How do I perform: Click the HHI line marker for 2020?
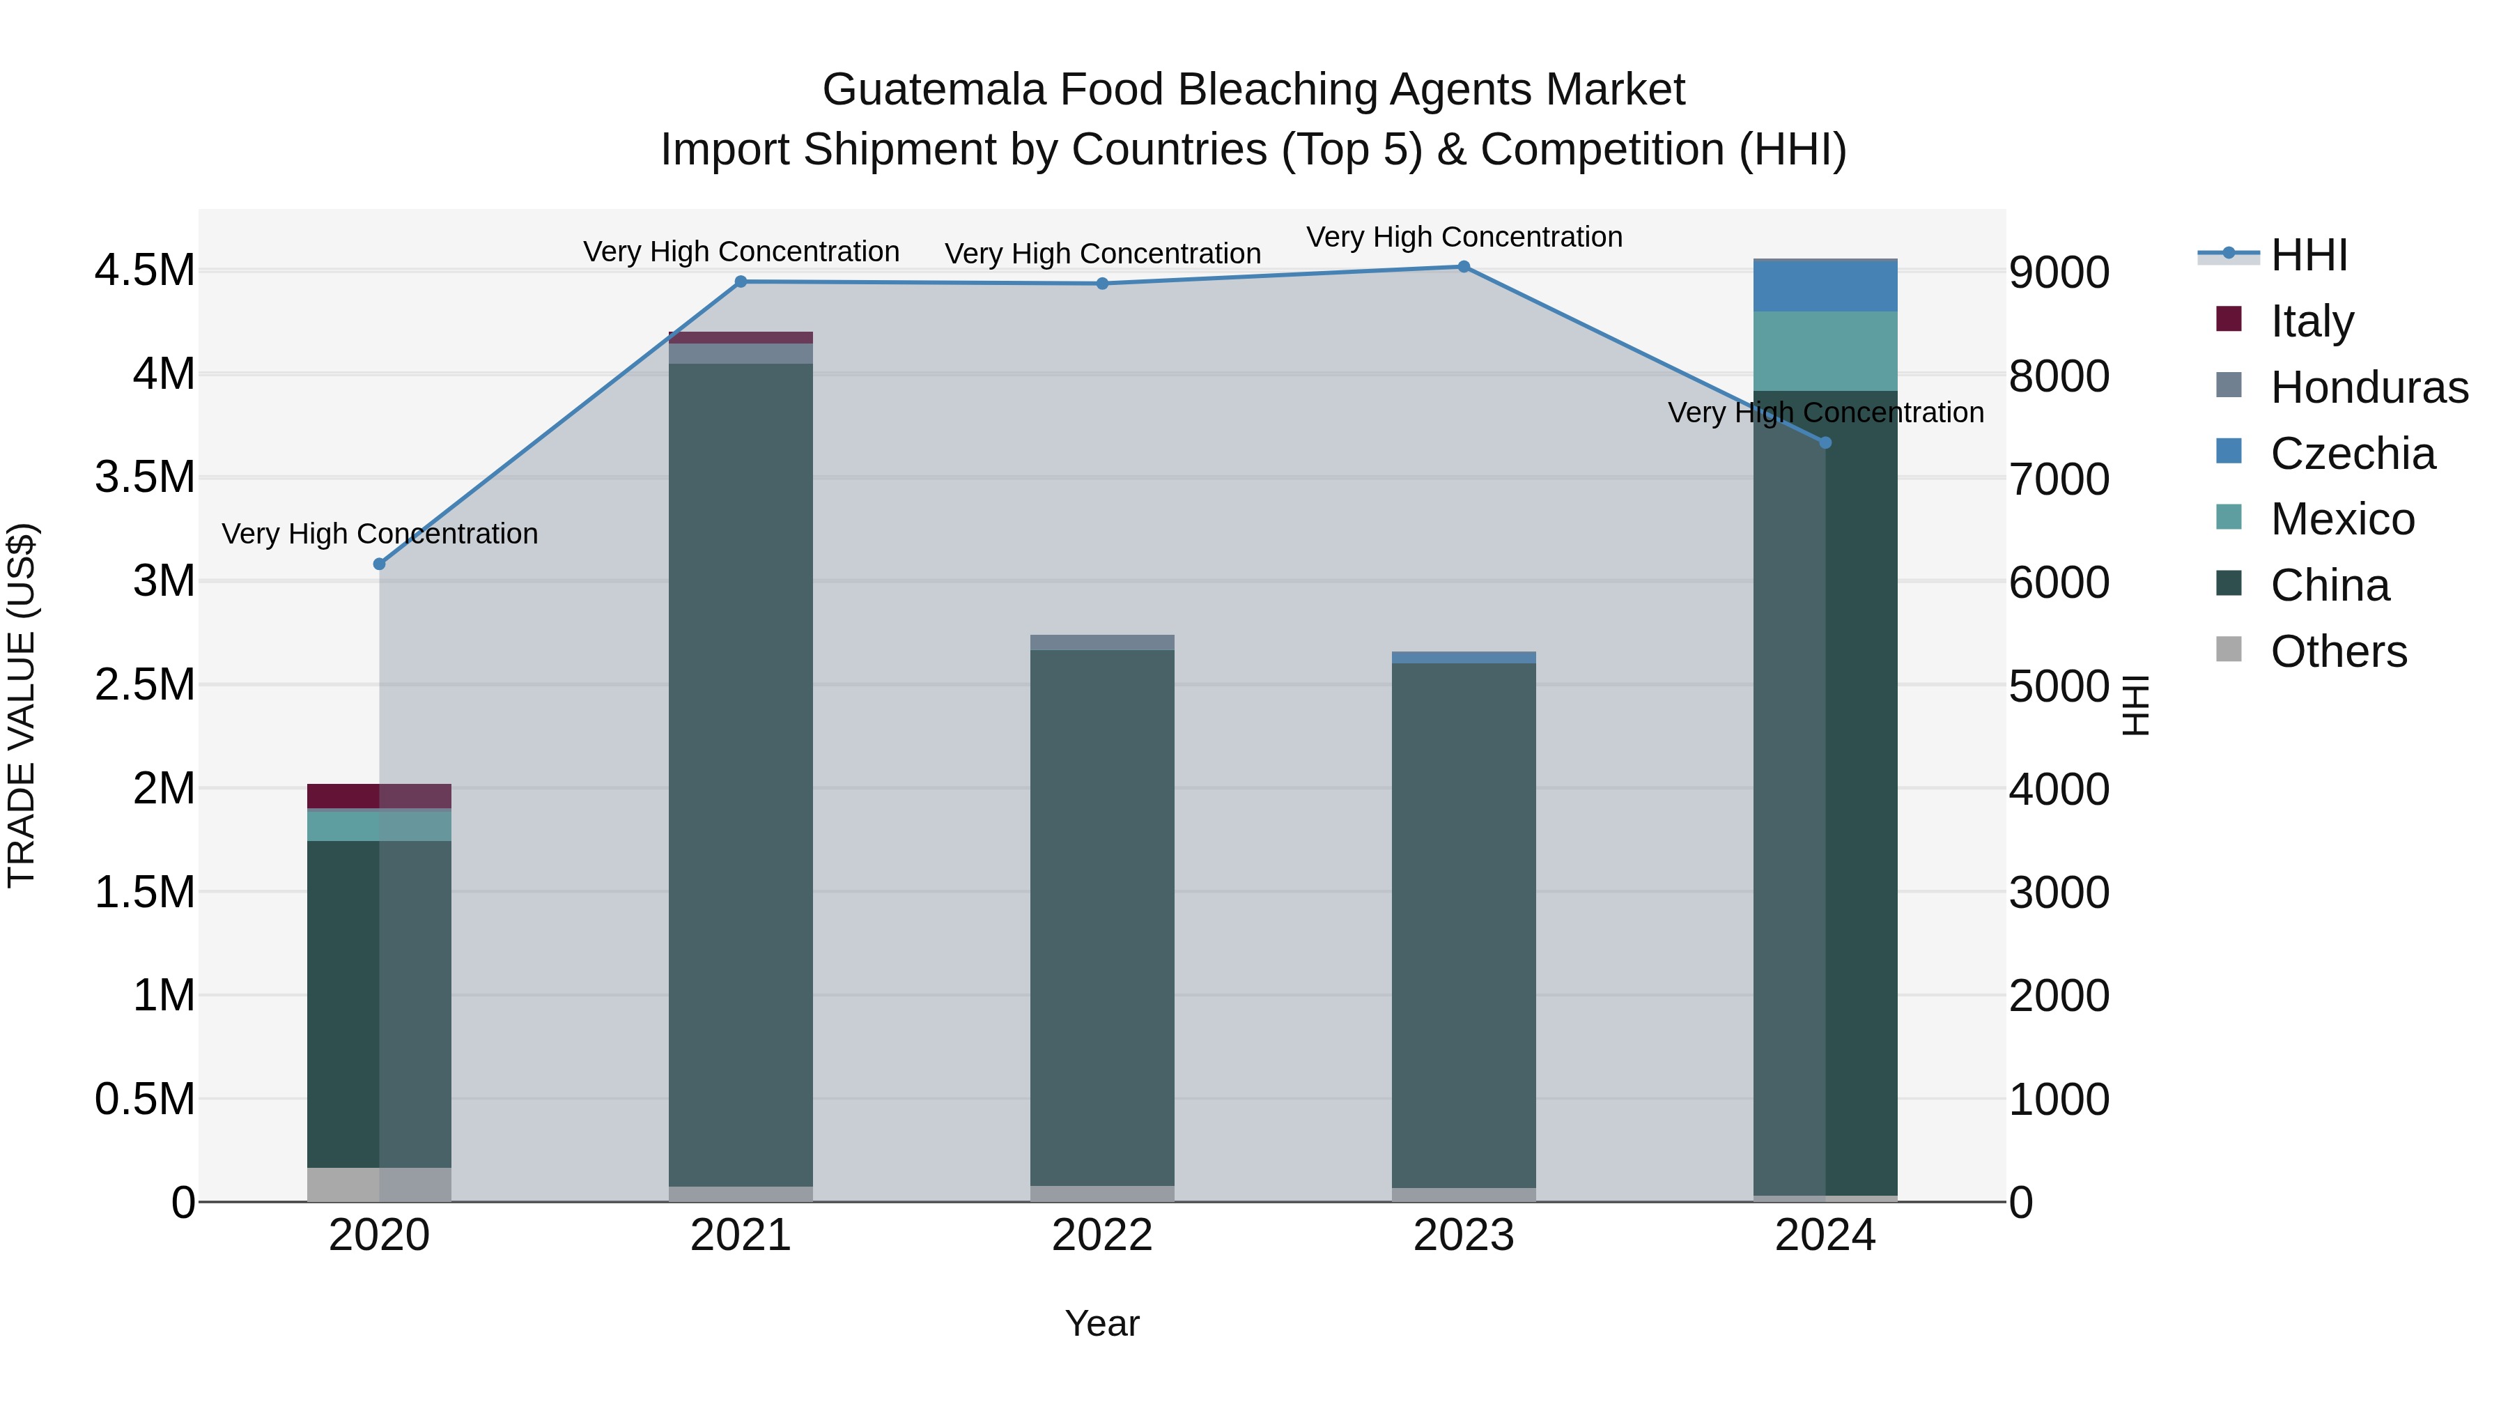380,564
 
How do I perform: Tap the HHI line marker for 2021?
741,282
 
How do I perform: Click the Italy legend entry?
2312,321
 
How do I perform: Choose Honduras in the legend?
2369,387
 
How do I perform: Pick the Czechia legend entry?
2352,453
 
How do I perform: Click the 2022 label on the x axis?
1102,1235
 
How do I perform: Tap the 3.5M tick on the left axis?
145,477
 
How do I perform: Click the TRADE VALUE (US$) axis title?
22,705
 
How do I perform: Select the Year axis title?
1102,1323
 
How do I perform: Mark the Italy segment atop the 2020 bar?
380,796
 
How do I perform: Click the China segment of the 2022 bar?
1102,916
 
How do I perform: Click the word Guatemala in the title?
935,90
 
